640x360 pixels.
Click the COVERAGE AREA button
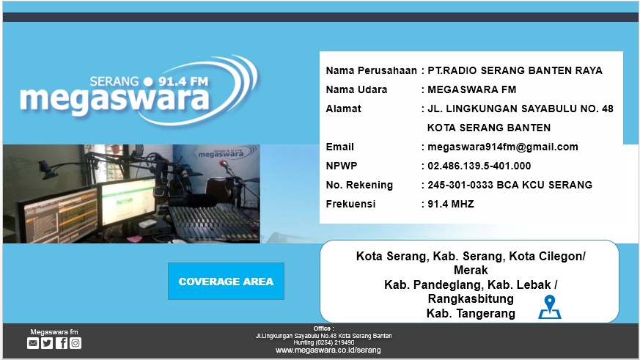[226, 282]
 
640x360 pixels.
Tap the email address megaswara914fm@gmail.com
[502, 147]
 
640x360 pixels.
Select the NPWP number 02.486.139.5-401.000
[479, 166]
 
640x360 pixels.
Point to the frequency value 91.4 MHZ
[451, 204]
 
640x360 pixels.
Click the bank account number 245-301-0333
[460, 185]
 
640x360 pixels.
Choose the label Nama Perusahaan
[372, 70]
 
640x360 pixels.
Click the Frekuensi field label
[350, 204]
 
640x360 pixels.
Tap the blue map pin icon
[550, 307]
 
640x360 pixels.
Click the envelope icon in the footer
[33, 343]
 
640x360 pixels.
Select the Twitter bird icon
[47, 343]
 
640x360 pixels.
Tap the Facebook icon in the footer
[62, 343]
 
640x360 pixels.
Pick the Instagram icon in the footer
[76, 343]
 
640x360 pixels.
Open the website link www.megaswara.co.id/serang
[328, 350]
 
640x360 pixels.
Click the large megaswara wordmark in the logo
[114, 99]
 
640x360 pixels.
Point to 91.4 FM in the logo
[183, 81]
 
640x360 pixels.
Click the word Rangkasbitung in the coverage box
[471, 298]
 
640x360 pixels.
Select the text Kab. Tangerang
[471, 314]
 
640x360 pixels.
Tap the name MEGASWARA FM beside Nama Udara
[472, 89]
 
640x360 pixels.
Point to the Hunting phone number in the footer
[324, 343]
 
